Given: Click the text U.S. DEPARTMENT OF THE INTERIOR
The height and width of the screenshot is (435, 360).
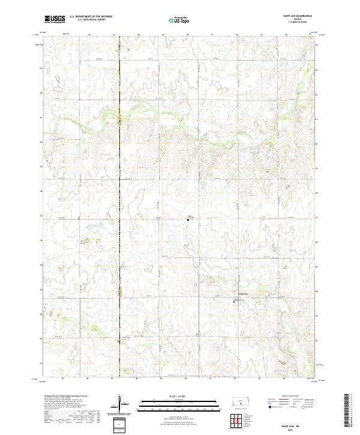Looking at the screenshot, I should (x=91, y=17).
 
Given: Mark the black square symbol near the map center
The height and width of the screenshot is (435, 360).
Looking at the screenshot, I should (x=188, y=220).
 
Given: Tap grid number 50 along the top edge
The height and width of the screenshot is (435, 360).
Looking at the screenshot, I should (x=188, y=35).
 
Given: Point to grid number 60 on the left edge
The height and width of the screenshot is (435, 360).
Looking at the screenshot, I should (x=41, y=142).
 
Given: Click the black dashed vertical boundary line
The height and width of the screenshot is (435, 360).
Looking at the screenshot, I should (x=119, y=240).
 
